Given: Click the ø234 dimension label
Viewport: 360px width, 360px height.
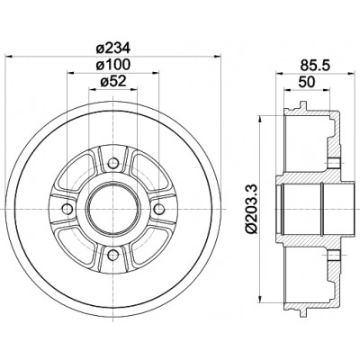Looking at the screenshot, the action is coord(113,48).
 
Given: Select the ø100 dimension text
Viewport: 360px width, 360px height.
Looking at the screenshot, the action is coord(113,65).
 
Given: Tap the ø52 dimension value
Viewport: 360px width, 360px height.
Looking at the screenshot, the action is coord(113,81).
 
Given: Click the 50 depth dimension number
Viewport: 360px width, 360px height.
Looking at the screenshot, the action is coord(307,81).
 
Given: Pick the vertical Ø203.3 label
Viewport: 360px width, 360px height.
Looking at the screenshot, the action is coord(252,208).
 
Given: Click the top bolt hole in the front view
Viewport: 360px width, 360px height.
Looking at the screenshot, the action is coord(112,163).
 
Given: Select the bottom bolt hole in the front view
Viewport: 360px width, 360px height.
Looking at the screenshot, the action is coord(112,255).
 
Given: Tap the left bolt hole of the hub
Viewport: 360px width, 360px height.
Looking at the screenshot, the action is coord(67,209).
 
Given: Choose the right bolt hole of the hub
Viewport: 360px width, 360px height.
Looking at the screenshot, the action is coord(158,209).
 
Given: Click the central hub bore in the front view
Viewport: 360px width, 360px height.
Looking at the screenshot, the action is coord(112,209).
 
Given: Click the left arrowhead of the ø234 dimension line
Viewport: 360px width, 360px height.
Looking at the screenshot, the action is coord(9,56).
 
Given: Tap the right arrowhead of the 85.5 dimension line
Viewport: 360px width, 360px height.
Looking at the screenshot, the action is coord(351,73).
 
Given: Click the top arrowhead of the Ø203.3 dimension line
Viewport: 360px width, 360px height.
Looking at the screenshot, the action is coord(261,119).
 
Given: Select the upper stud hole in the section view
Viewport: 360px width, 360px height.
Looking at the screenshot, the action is coord(333,163).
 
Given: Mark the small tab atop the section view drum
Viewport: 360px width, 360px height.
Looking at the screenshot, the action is coord(303,105).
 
